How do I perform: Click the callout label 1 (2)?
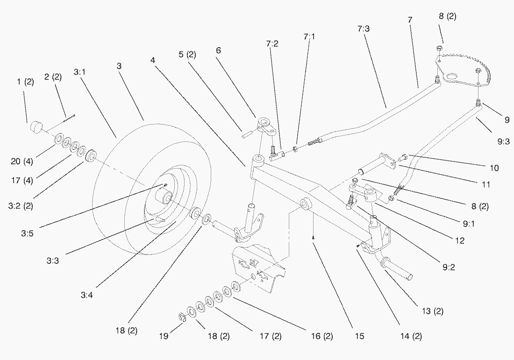click(26, 82)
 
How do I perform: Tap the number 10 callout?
click(494, 168)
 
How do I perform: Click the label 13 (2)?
click(432, 311)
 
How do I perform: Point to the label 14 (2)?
click(411, 335)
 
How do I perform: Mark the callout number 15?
click(359, 336)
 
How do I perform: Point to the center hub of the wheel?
click(167, 199)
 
